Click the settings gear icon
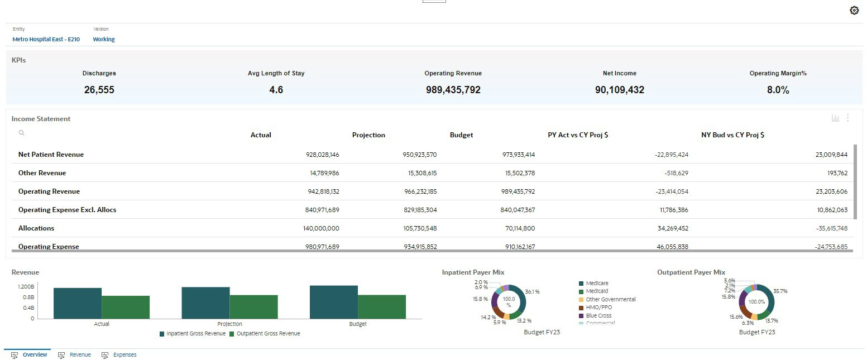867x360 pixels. pyautogui.click(x=854, y=11)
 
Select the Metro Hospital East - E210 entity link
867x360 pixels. pyautogui.click(x=46, y=40)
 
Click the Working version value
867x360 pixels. pyautogui.click(x=104, y=40)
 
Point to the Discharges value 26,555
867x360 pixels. pyautogui.click(x=99, y=90)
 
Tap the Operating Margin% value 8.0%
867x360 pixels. pyautogui.click(x=778, y=90)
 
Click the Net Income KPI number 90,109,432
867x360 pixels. pyautogui.click(x=619, y=90)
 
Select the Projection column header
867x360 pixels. pyautogui.click(x=368, y=135)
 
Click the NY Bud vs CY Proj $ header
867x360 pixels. pyautogui.click(x=732, y=135)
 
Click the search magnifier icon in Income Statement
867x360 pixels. pyautogui.click(x=21, y=133)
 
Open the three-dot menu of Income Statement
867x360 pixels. pyautogui.click(x=847, y=118)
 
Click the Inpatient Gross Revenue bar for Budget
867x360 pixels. pyautogui.click(x=333, y=302)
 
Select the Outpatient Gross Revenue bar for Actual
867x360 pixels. pyautogui.click(x=126, y=307)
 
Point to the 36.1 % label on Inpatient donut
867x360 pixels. pyautogui.click(x=532, y=292)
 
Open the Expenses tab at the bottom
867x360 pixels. pyautogui.click(x=124, y=355)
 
